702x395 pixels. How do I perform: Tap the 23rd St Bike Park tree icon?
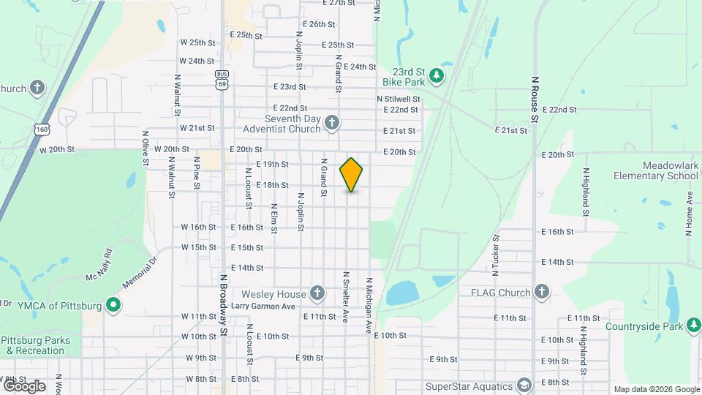point(437,75)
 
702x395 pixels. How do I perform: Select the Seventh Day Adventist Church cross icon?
point(331,122)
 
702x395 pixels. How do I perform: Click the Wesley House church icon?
point(317,293)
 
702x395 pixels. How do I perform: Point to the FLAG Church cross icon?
point(541,293)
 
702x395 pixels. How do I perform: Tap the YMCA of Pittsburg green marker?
point(113,304)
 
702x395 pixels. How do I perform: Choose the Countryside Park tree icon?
point(693,326)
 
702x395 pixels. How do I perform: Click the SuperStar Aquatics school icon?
point(524,385)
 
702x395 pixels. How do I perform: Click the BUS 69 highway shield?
point(221,79)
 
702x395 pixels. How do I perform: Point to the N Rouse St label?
point(535,99)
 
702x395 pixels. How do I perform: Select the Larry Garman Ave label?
point(263,306)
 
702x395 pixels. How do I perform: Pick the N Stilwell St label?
point(399,99)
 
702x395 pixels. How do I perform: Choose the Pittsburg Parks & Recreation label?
point(36,345)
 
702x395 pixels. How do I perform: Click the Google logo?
point(24,385)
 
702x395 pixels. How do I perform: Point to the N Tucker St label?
point(495,254)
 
